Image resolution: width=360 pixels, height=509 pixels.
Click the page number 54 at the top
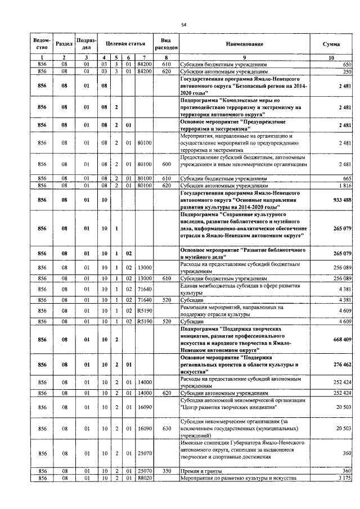(183, 25)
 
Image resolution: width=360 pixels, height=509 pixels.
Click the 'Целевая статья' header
(125, 44)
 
